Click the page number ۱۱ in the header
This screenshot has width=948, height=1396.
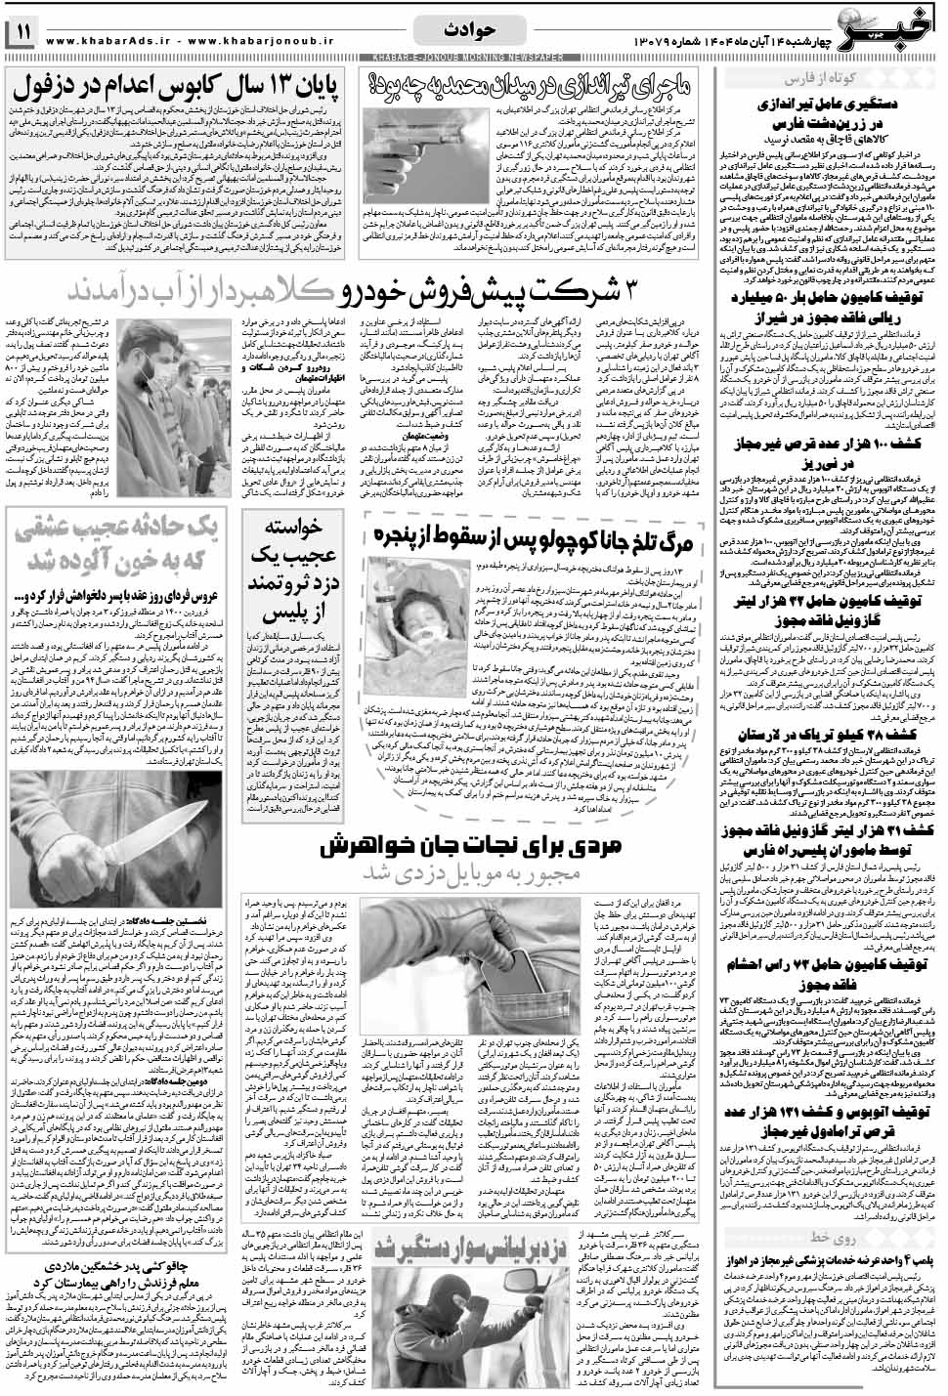click(x=22, y=33)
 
